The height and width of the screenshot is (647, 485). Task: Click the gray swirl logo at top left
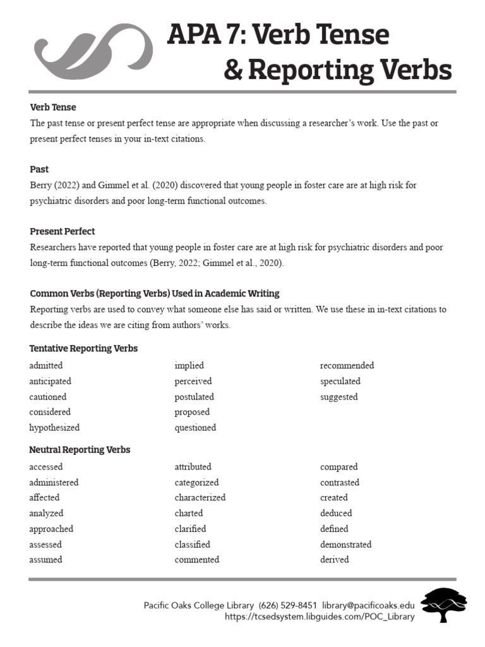click(93, 52)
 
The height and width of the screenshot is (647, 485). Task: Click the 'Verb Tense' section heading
click(53, 107)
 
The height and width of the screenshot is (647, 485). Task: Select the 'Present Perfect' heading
click(62, 231)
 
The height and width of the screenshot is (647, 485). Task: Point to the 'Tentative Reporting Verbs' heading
click(83, 349)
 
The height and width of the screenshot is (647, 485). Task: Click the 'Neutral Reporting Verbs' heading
click(80, 450)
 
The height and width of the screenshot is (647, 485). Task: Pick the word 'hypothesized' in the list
click(54, 428)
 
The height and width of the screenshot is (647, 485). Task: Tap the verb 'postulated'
click(195, 397)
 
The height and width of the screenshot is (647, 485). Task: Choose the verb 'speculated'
click(340, 381)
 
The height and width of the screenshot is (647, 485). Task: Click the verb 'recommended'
click(347, 365)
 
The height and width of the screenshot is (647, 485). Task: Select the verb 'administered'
click(54, 482)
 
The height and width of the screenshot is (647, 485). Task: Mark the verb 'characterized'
click(200, 497)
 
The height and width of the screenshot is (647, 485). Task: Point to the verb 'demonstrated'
click(345, 544)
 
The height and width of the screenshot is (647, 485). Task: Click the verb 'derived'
click(334, 560)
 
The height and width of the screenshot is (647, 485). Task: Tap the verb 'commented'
click(197, 560)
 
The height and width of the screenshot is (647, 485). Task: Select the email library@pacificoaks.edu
click(368, 605)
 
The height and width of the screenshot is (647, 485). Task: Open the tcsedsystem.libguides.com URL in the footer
click(320, 617)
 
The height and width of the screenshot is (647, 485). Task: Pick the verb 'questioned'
click(195, 428)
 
